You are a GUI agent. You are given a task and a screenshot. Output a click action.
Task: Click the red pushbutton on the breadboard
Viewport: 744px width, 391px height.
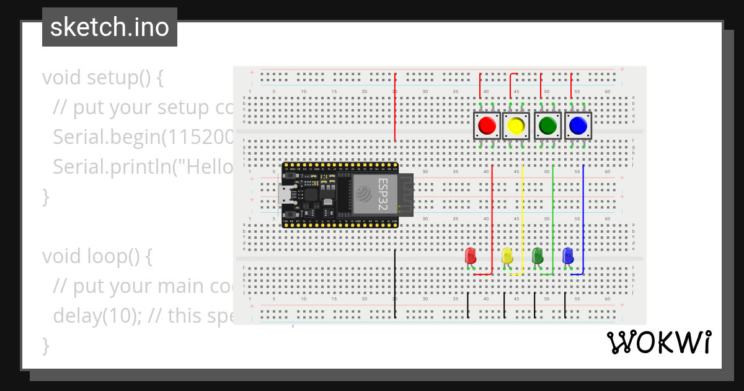487,126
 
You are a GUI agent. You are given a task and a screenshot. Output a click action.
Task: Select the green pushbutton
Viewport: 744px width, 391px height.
547,126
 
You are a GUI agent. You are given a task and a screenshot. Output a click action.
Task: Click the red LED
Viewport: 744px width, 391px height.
471,255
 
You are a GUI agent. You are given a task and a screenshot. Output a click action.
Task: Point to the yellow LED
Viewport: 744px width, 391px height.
507,255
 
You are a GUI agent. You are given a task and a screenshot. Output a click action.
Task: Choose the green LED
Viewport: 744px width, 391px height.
538,254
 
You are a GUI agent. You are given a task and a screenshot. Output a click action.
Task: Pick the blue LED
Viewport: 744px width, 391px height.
567,255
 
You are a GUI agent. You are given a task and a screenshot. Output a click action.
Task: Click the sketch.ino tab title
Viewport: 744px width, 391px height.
110,27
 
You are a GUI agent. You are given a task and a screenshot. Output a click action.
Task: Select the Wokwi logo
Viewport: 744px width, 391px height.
658,343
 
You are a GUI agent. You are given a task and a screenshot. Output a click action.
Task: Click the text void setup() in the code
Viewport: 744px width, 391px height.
102,78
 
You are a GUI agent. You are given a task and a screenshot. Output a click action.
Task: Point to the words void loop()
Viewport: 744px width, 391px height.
97,256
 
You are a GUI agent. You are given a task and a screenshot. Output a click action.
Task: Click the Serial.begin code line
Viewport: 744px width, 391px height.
143,137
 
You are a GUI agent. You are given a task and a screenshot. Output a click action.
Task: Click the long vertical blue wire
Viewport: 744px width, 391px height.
583,217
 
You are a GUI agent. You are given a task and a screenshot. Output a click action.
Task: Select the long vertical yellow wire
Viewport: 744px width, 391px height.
523,217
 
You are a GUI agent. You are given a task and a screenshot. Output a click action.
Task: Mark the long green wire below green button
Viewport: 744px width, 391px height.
552,217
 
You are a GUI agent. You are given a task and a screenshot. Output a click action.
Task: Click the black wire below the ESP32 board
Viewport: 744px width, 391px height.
395,282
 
